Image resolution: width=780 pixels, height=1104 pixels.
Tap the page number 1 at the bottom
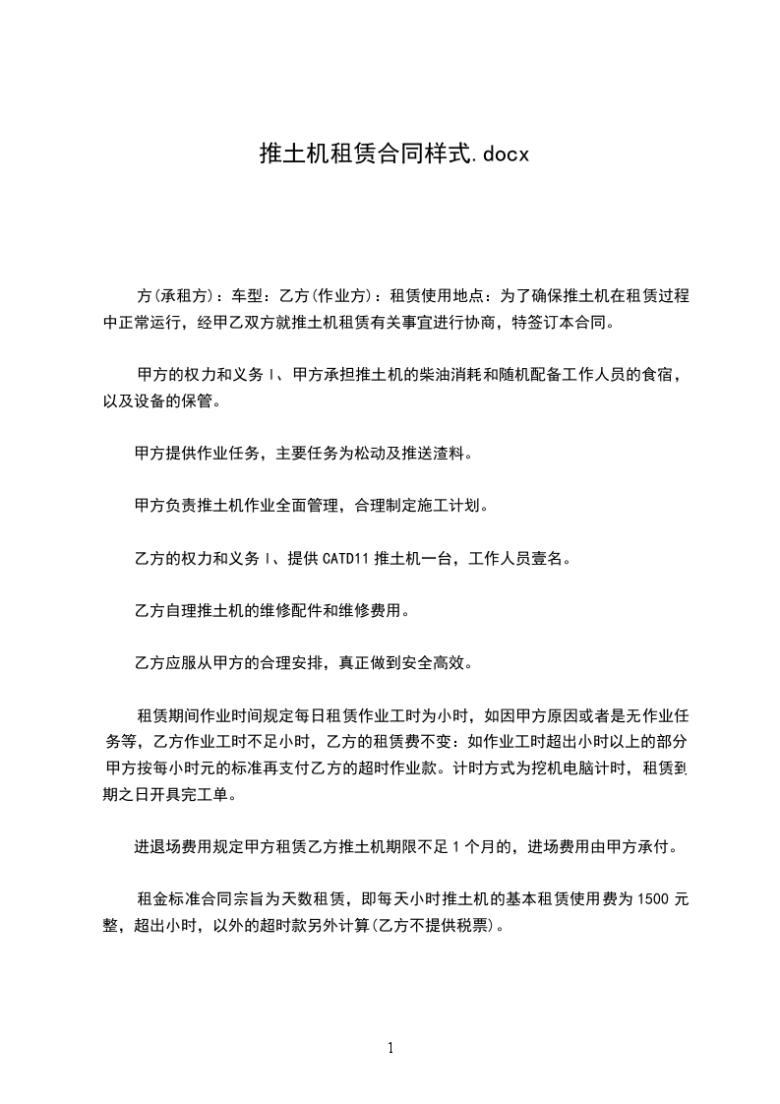[x=390, y=1048]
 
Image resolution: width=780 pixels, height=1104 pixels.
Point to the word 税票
[x=471, y=925]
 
